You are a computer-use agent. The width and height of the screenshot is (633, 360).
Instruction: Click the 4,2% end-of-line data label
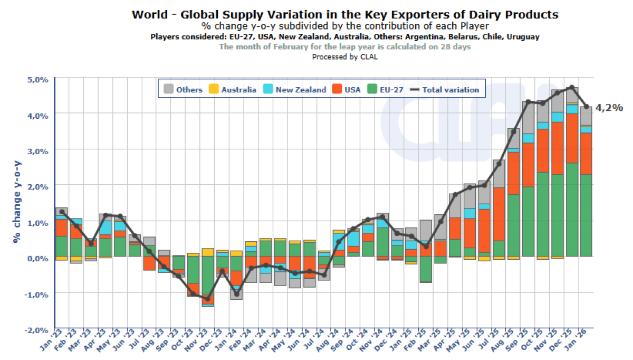click(x=609, y=108)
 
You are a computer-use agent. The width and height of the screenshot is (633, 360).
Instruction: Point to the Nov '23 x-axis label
click(x=200, y=346)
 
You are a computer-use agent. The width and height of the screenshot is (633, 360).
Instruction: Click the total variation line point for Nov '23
click(x=207, y=299)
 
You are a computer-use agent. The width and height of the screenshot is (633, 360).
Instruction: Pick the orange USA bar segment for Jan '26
click(x=586, y=154)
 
